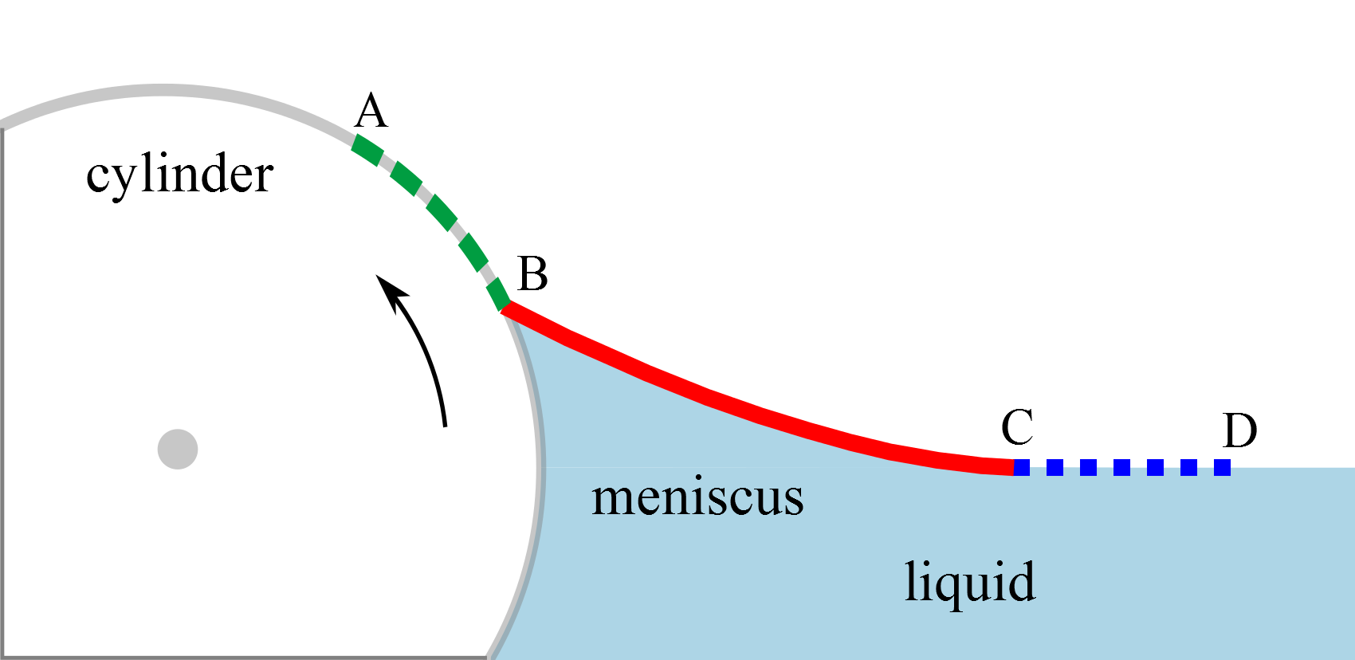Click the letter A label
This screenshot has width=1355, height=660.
coord(371,111)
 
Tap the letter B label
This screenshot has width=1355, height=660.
coord(532,274)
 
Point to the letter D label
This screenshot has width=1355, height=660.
coord(1239,430)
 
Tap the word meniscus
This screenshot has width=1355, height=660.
coord(697,497)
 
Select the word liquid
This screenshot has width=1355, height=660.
coord(969,582)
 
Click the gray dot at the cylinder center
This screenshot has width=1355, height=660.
coord(178,450)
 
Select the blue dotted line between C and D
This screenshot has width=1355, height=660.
coord(1121,467)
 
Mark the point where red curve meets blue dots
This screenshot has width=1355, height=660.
coord(1014,467)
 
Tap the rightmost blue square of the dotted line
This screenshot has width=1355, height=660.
coord(1222,467)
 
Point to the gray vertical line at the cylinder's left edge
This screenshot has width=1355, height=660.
coord(2,391)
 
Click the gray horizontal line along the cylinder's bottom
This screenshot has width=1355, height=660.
coord(239,657)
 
